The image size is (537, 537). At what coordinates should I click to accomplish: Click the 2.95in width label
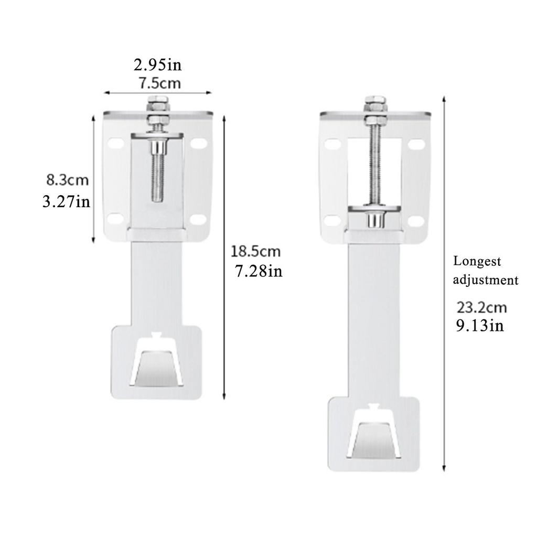(x=157, y=66)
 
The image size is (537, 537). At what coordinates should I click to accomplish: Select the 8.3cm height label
(x=68, y=180)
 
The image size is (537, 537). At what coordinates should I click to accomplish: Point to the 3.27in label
(x=67, y=201)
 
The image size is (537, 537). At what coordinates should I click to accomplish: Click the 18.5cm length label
(x=256, y=251)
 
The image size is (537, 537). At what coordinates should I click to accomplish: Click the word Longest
(x=477, y=261)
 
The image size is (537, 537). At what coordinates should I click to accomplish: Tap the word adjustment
(x=486, y=280)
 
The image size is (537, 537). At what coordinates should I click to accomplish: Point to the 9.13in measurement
(x=480, y=326)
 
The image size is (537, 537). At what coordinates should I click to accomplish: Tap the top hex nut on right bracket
(x=375, y=101)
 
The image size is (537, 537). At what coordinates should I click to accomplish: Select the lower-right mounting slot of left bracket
(x=197, y=219)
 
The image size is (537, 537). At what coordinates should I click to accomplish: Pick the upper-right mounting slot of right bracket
(x=416, y=143)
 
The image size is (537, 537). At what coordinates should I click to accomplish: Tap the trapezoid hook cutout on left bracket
(x=157, y=364)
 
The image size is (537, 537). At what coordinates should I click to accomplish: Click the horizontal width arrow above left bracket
(x=157, y=93)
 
